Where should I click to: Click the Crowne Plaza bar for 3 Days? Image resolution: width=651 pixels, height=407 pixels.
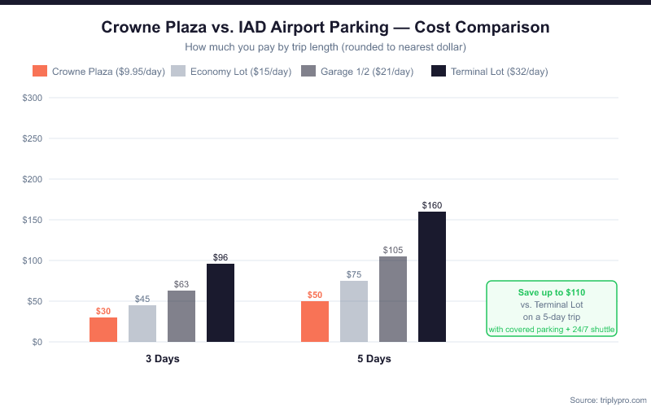click(103, 330)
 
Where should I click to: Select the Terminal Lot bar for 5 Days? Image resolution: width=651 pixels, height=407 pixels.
click(432, 277)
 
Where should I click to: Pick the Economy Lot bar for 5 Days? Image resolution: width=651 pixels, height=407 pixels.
click(354, 312)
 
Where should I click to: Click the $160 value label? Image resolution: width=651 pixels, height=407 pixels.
click(432, 205)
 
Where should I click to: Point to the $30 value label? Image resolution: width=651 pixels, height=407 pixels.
click(103, 311)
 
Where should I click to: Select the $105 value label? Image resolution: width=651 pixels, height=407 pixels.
click(393, 250)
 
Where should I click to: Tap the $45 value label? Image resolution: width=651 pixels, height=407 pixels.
click(142, 299)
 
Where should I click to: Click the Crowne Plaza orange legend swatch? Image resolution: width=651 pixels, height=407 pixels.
click(40, 72)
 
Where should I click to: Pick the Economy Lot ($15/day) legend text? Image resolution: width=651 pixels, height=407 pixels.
click(240, 72)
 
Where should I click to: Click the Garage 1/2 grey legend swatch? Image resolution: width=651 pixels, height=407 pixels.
click(308, 72)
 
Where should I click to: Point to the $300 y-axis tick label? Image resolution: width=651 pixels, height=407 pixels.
click(31, 98)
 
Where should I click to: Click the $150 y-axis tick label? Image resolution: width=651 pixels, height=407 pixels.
click(31, 220)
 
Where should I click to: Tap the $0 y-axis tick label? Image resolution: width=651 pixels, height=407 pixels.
click(36, 342)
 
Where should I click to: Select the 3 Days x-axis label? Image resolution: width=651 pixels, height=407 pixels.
click(163, 359)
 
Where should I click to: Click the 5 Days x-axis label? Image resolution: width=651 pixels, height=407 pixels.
click(374, 359)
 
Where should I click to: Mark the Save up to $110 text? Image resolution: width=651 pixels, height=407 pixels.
click(552, 292)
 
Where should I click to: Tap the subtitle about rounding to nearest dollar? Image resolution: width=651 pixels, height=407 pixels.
click(325, 47)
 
